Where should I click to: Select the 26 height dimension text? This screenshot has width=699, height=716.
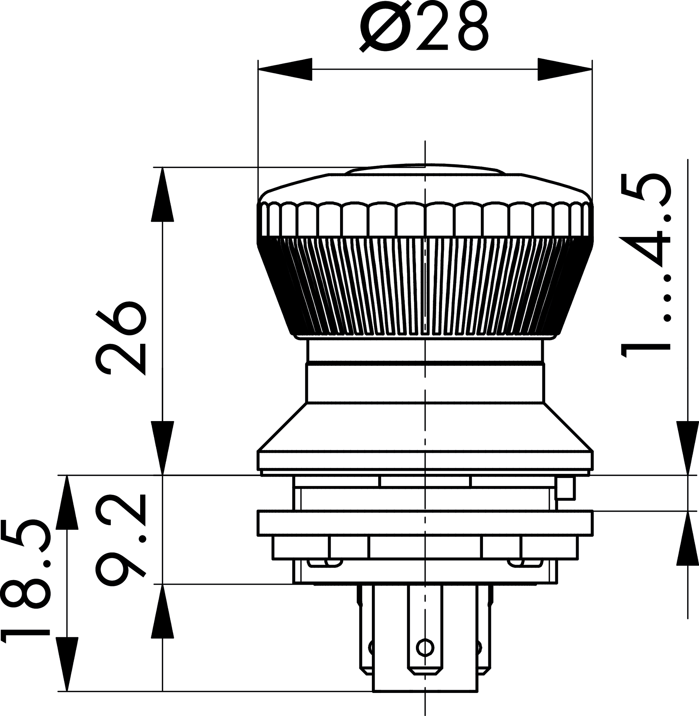(121, 338)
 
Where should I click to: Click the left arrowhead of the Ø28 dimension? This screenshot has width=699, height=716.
(285, 69)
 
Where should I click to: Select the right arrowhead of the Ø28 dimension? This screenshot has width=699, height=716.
(565, 69)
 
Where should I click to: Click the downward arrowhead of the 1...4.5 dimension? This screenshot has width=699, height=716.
(687, 448)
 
